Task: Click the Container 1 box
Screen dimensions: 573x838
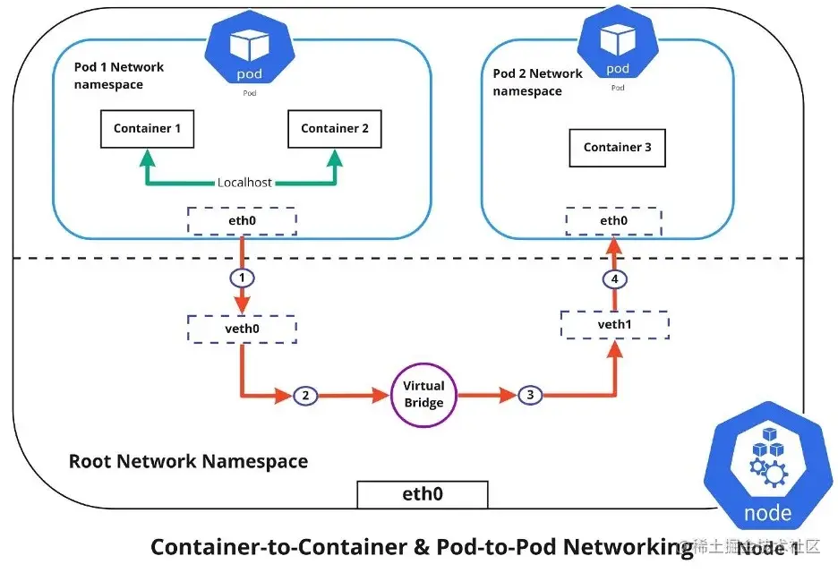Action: point(147,129)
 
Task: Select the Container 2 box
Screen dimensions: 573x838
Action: point(334,129)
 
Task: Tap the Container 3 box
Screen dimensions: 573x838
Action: point(617,148)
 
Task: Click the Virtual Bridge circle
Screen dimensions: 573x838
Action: point(423,395)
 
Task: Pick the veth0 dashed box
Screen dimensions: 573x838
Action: point(241,329)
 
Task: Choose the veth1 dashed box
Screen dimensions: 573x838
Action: point(614,325)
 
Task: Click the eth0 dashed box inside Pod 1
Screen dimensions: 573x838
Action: point(241,219)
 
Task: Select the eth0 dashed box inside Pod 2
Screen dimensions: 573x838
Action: point(613,220)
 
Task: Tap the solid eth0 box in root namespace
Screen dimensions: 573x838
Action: point(422,494)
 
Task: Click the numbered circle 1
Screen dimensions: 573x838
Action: point(241,278)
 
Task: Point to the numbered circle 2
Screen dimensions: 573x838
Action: point(306,395)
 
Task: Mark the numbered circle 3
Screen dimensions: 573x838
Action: point(529,395)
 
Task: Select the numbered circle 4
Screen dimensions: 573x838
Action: point(614,278)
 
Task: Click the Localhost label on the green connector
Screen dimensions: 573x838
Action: point(244,183)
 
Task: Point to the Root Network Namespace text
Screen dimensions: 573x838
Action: point(188,462)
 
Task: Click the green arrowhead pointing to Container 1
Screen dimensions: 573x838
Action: point(147,159)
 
